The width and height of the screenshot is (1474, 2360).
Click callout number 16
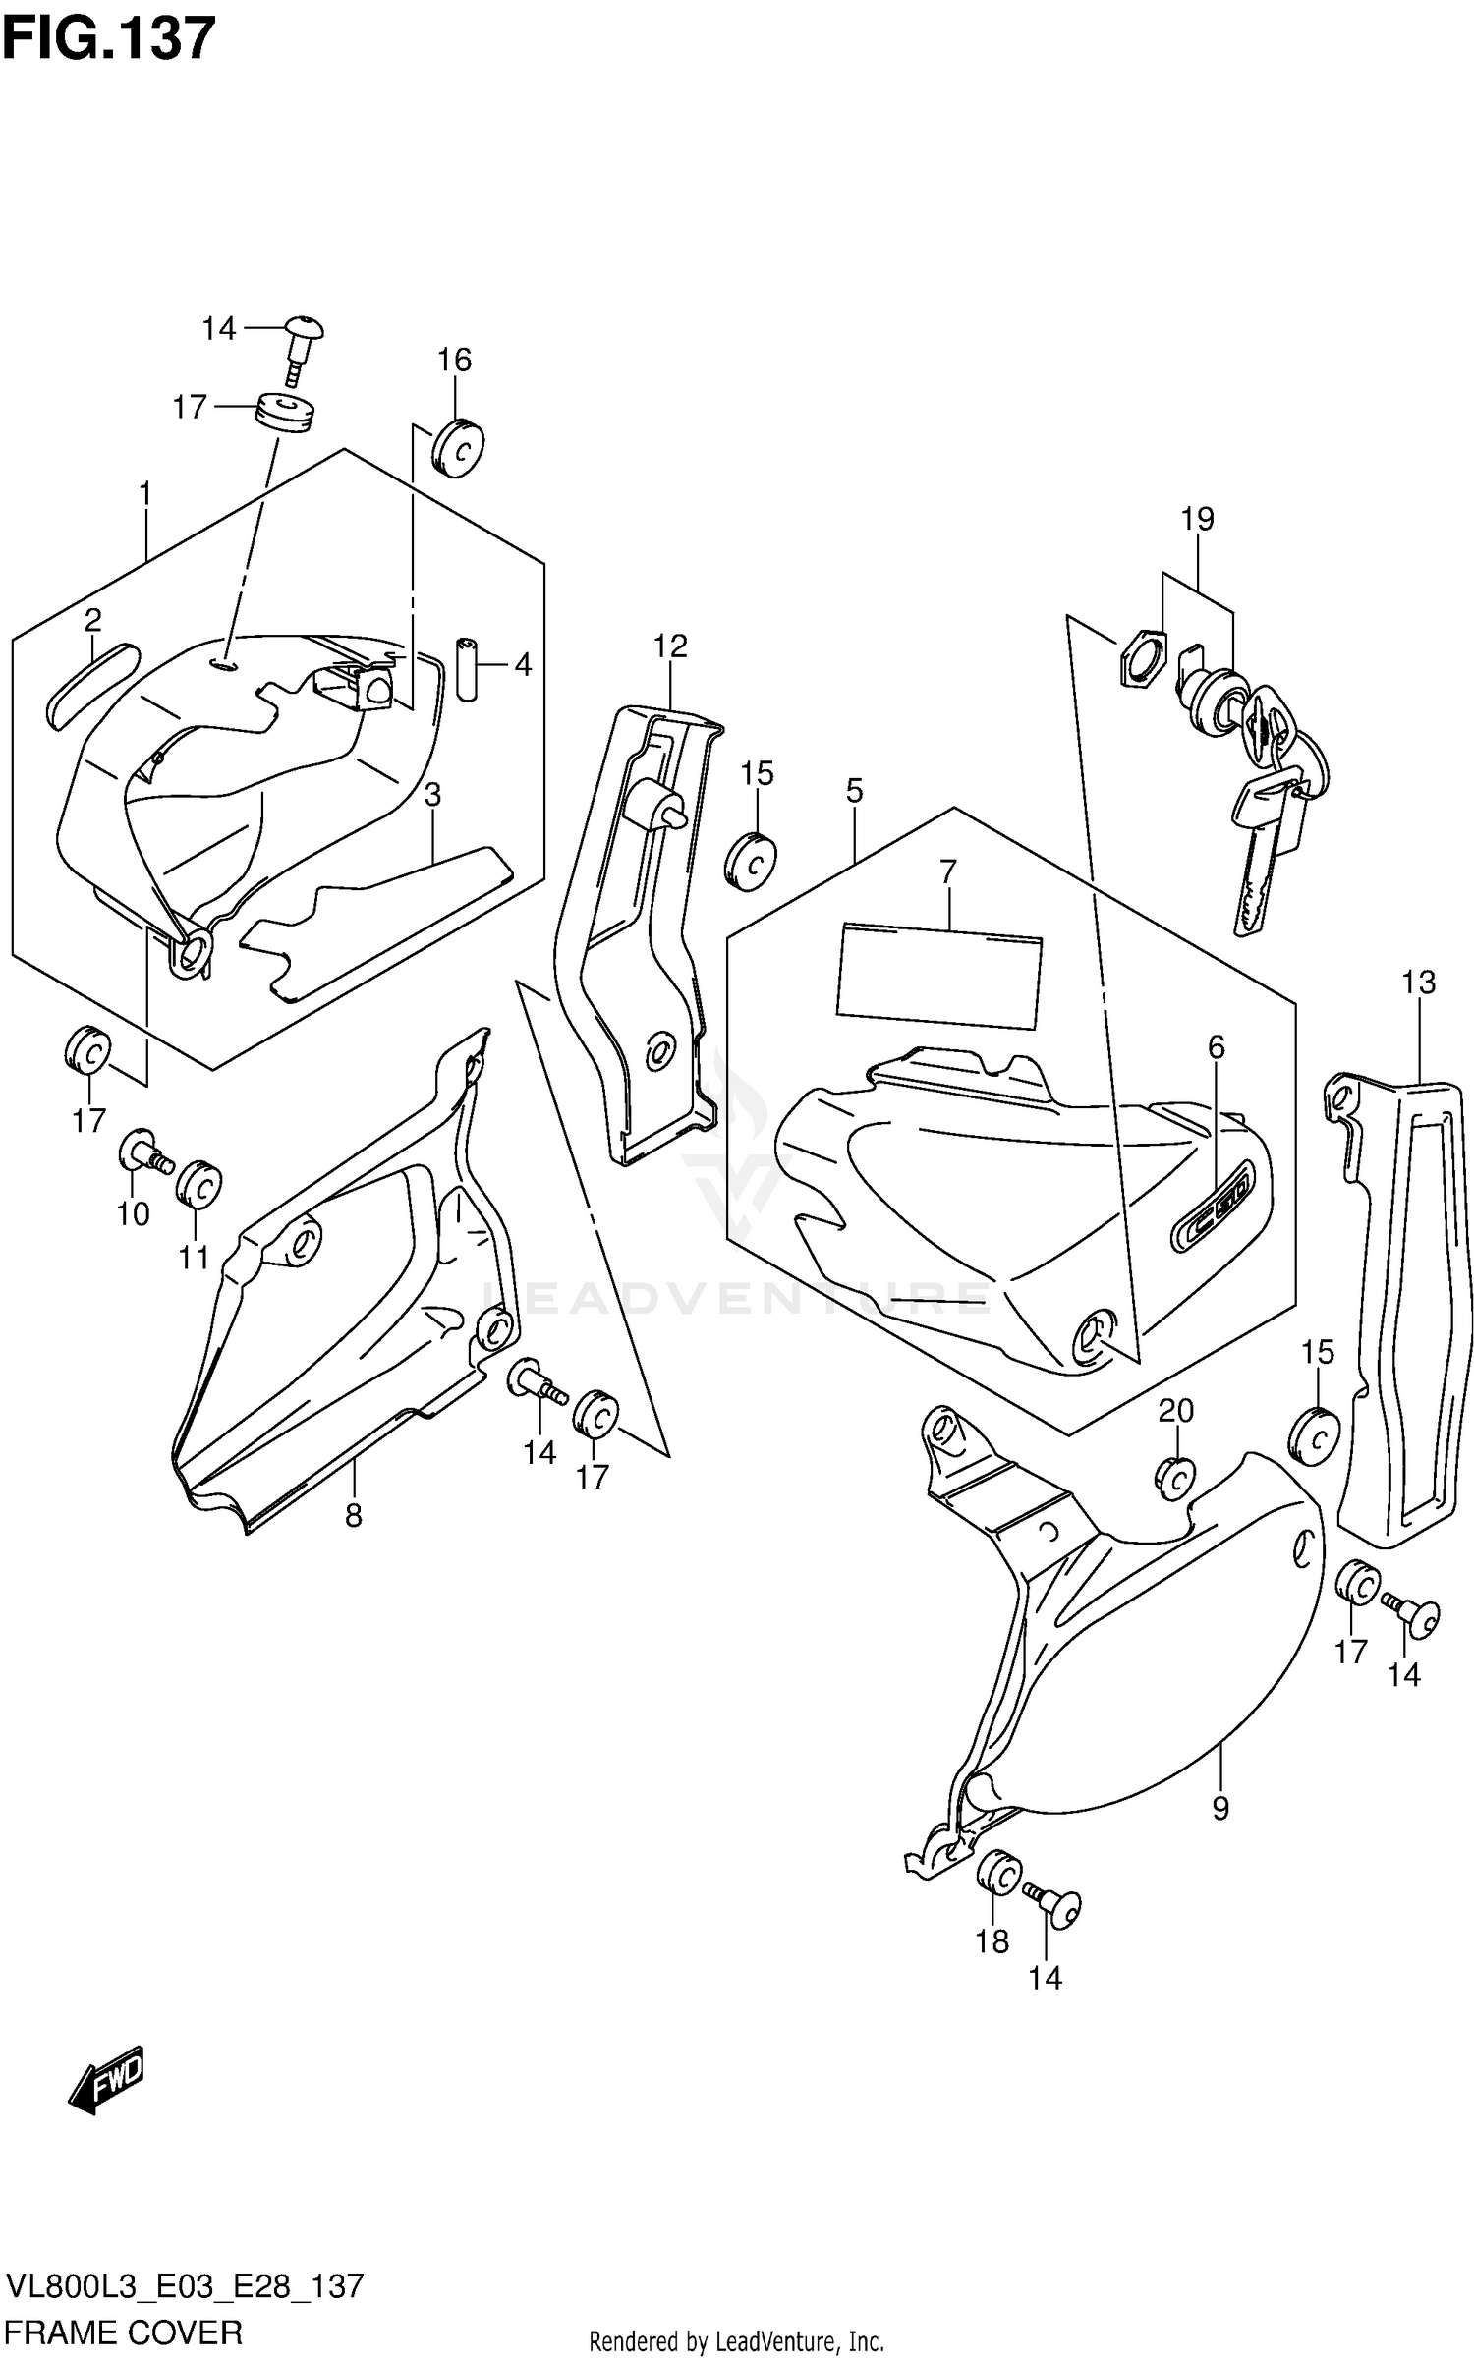click(454, 361)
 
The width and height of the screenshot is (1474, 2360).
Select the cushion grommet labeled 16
click(458, 447)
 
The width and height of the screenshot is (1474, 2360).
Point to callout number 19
click(1197, 519)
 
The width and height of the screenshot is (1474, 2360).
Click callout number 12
click(670, 646)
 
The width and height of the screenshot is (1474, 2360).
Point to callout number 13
click(1418, 982)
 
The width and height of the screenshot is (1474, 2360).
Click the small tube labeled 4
click(467, 668)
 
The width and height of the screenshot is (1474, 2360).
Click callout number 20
click(1175, 1411)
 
